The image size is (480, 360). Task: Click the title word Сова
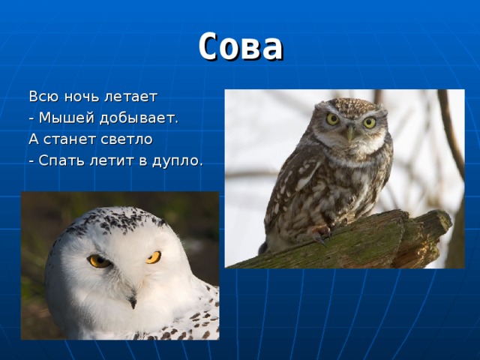pos(241,46)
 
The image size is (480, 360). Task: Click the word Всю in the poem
pos(42,97)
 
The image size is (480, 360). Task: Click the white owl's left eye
pos(99,261)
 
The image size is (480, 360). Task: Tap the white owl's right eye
pos(153,257)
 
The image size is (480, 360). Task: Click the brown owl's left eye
pos(333,119)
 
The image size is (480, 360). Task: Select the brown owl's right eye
pos(369,122)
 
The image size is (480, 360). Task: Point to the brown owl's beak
pos(349,133)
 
